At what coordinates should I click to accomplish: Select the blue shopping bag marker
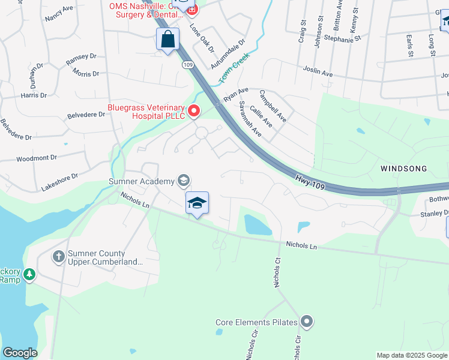click(x=168, y=40)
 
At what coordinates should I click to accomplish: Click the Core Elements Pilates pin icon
click(x=307, y=322)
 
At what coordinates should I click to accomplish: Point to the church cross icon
click(x=58, y=257)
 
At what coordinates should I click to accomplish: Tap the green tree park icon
click(x=28, y=275)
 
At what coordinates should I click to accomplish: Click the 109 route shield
click(x=188, y=64)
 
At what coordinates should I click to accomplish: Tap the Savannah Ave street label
click(x=249, y=118)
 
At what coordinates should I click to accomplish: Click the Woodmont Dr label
click(x=36, y=158)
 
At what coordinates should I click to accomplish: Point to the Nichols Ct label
click(x=277, y=273)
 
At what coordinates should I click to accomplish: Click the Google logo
click(x=20, y=353)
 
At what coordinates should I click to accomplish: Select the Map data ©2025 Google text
click(x=412, y=355)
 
